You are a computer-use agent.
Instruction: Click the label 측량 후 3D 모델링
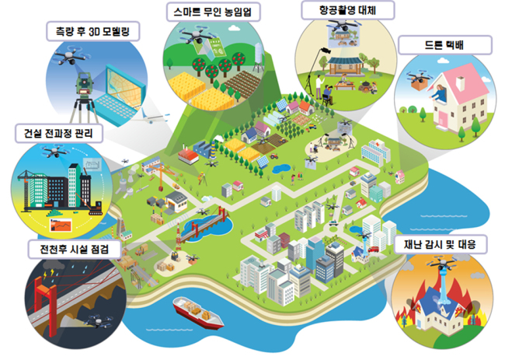92,32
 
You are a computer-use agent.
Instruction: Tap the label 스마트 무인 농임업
213,12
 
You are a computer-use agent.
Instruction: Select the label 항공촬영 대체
347,10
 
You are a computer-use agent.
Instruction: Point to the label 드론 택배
444,45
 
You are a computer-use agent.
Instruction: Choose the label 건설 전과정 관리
58,133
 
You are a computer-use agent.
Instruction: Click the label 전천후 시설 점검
74,249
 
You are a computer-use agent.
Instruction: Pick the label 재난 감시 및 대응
440,244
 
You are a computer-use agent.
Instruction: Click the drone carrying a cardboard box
420,81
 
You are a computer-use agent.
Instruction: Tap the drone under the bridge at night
99,322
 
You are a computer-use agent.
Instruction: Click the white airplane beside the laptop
151,117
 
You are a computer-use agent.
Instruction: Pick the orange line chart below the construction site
61,225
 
